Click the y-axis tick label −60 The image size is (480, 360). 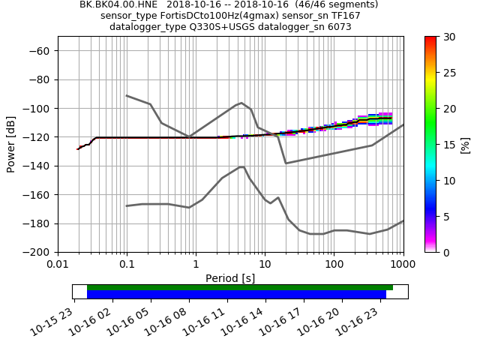[x=40, y=50]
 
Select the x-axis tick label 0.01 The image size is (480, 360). [x=58, y=264]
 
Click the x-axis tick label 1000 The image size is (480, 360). [x=403, y=264]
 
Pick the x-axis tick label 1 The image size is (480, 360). [x=196, y=264]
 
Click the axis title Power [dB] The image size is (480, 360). [x=11, y=144]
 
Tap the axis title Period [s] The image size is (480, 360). [x=230, y=278]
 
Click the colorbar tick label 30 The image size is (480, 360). [x=449, y=37]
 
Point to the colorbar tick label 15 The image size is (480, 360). [x=449, y=145]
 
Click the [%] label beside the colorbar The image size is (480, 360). [x=466, y=144]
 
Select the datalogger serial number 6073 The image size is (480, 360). [x=337, y=27]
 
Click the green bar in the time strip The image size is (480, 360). [x=240, y=287]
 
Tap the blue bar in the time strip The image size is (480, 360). [x=236, y=295]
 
